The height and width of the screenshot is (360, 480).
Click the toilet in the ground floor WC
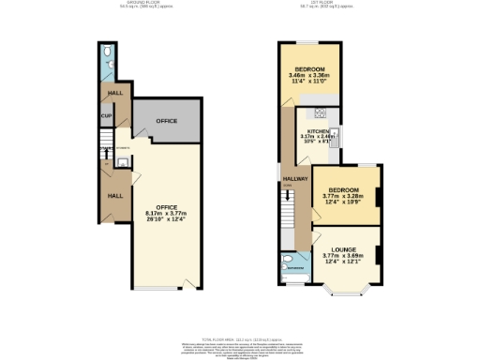pyautogui.click(x=108, y=50)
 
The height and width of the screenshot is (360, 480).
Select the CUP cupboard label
pyautogui.click(x=107, y=117)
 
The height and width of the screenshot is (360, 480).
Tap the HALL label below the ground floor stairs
pyautogui.click(x=112, y=195)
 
